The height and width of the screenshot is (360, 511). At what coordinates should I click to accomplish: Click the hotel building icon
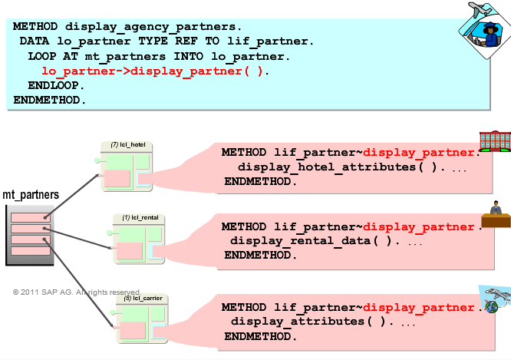[x=495, y=142]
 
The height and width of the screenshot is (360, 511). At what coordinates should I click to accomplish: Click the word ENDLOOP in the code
[x=56, y=85]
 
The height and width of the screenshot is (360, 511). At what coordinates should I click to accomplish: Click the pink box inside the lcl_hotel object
[x=116, y=178]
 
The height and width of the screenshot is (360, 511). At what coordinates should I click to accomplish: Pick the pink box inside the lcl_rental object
[x=129, y=251]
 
